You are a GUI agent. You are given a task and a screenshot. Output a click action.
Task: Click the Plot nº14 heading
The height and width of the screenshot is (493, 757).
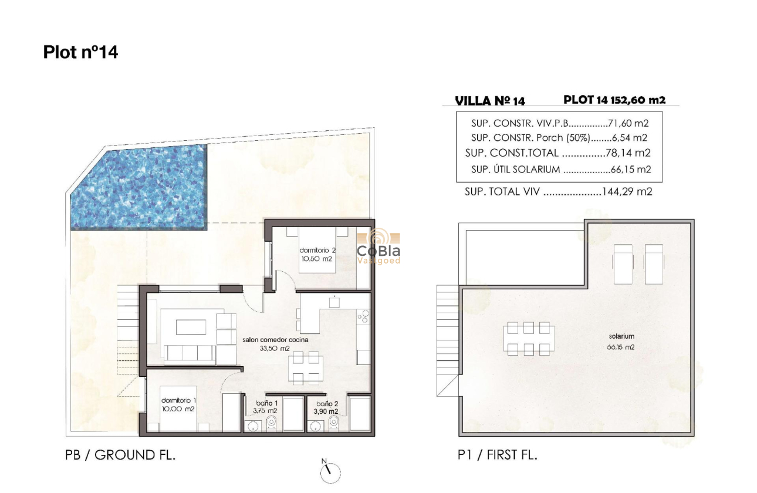[x=80, y=52]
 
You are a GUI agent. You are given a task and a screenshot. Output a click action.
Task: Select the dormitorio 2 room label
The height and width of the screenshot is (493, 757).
[x=317, y=254]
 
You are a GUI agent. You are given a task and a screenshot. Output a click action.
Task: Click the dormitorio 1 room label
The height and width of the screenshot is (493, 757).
[x=178, y=404]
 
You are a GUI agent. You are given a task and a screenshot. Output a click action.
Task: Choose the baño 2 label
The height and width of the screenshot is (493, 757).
[x=327, y=407]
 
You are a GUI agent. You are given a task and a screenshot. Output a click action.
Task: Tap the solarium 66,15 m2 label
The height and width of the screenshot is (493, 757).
[x=621, y=341]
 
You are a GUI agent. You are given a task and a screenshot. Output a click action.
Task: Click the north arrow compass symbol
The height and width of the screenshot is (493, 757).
[x=330, y=470]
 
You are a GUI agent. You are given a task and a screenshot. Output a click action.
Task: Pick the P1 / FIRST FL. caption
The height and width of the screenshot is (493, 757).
[x=498, y=454]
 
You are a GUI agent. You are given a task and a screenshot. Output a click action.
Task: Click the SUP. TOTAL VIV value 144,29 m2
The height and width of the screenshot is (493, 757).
[x=627, y=191]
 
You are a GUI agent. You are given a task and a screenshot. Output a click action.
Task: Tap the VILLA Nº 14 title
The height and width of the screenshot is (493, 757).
[x=490, y=101]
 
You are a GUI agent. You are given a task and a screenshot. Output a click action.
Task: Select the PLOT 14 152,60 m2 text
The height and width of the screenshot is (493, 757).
[x=614, y=100]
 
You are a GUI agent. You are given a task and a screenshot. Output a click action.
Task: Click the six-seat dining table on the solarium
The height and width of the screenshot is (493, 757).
[x=528, y=339]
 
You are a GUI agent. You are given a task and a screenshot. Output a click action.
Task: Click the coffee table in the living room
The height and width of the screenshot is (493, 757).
[x=191, y=327]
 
